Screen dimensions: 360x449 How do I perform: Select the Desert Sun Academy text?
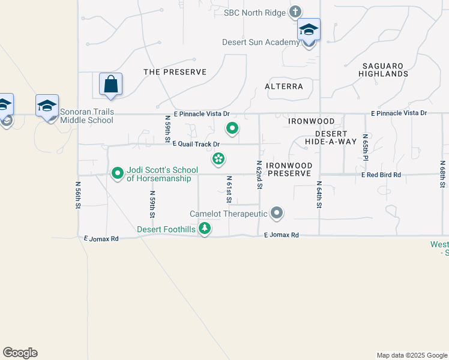pyautogui.click(x=261, y=42)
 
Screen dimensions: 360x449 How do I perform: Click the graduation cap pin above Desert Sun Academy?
pyautogui.click(x=309, y=29)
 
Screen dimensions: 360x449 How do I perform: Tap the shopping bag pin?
pyautogui.click(x=111, y=85)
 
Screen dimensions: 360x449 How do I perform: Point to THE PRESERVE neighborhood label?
pyautogui.click(x=175, y=72)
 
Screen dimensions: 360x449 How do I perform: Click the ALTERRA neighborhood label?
pyautogui.click(x=284, y=86)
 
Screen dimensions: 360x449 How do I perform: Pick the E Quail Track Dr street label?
pyautogui.click(x=196, y=144)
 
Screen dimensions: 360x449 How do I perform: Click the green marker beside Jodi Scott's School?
pyautogui.click(x=118, y=174)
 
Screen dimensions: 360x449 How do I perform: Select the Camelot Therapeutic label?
pyautogui.click(x=228, y=214)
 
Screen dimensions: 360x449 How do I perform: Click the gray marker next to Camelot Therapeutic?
pyautogui.click(x=277, y=213)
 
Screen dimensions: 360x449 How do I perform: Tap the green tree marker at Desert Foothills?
pyautogui.click(x=205, y=229)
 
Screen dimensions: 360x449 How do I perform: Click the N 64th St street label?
pyautogui.click(x=319, y=195)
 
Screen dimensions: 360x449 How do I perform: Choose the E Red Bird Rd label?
pyautogui.click(x=381, y=175)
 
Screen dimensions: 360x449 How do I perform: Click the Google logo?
pyautogui.click(x=20, y=353)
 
